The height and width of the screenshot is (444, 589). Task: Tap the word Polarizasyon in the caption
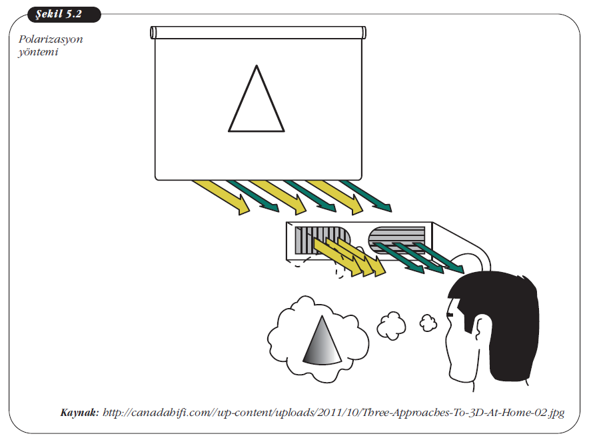coord(51,39)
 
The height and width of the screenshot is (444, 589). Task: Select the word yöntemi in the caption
coord(38,52)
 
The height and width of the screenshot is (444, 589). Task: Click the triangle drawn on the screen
coord(257,99)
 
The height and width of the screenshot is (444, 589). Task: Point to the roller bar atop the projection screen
coord(258,32)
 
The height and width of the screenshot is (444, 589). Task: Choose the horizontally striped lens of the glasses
coord(396,239)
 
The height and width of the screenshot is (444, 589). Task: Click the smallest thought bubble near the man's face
coord(428,323)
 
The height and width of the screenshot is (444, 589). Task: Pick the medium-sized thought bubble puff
coord(391,325)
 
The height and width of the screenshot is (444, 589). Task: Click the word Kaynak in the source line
coord(80,413)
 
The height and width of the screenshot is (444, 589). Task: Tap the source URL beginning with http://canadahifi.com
coord(334,413)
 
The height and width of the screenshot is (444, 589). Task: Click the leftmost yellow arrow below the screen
coord(221,197)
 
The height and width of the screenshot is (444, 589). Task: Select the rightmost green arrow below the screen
coord(366,196)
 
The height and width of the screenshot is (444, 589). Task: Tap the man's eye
coord(450,314)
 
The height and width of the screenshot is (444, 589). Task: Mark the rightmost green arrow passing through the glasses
coord(440,258)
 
